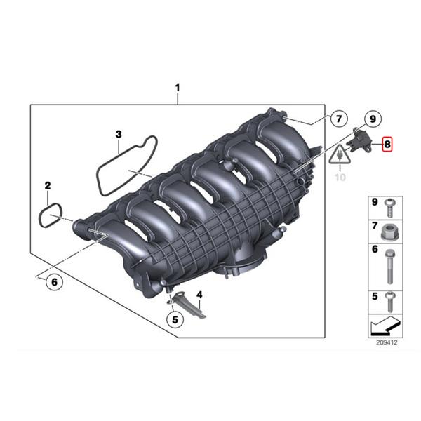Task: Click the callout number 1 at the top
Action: coord(178,88)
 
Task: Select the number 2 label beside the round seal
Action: coord(48,186)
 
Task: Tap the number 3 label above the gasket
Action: coord(119,133)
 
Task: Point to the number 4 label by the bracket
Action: coord(199,295)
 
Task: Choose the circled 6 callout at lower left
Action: coord(51,283)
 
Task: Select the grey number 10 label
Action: coord(340,178)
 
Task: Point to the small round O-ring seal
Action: coord(51,215)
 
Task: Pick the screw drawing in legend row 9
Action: coord(389,206)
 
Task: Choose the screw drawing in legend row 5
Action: coord(389,300)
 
